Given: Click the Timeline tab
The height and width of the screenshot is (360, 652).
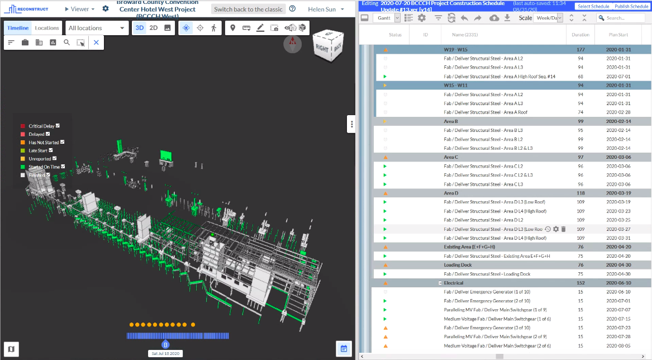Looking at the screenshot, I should point(18,28).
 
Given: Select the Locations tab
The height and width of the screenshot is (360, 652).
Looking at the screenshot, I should point(47,28).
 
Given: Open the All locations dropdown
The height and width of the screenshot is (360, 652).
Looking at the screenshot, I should point(97,28).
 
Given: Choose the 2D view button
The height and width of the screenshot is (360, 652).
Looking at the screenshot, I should point(154,28).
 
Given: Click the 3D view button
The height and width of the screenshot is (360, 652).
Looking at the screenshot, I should point(139,28).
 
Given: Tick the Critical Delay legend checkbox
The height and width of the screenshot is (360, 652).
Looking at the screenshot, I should point(58,126).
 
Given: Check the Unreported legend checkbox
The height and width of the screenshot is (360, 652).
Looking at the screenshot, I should point(53,159).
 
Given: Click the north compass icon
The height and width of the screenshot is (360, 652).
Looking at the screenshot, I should point(292,44).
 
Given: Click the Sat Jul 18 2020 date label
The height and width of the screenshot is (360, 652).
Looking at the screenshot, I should point(165,354).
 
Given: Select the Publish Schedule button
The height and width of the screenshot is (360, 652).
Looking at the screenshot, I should point(631,6).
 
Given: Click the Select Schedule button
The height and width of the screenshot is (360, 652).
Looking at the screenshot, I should point(593,6).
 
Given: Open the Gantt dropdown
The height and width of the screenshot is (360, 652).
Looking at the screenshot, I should point(388,18).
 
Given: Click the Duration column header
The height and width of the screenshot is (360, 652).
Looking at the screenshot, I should point(580,35).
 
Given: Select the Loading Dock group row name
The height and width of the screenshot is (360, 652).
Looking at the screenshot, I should point(458,265).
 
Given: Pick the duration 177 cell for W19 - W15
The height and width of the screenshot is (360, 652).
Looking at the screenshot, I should point(580,50).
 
